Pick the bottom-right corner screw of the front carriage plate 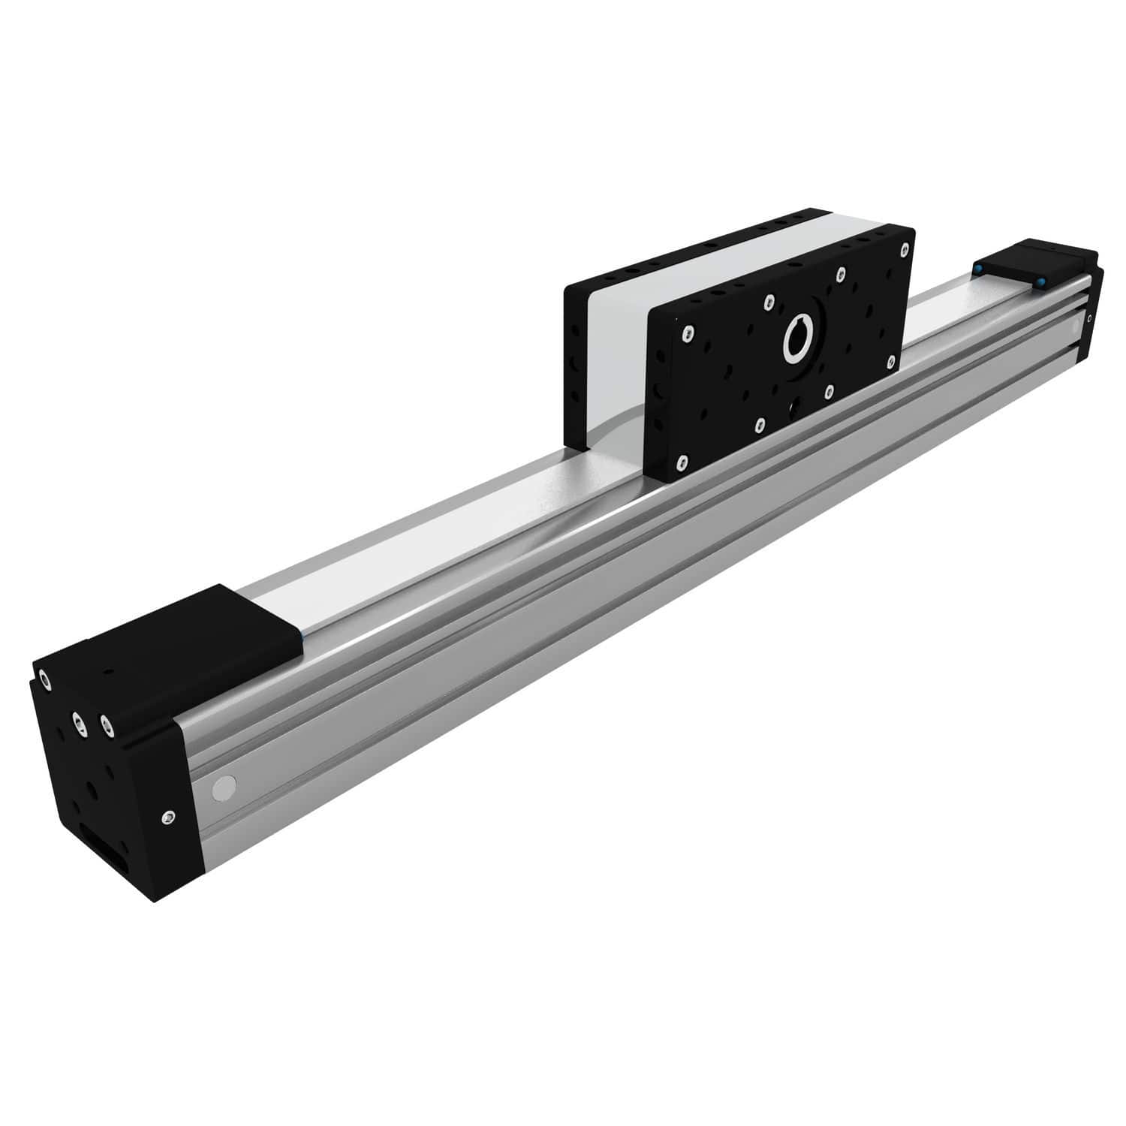click(x=891, y=362)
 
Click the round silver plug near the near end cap click(x=222, y=787)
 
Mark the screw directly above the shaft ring click(x=767, y=302)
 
